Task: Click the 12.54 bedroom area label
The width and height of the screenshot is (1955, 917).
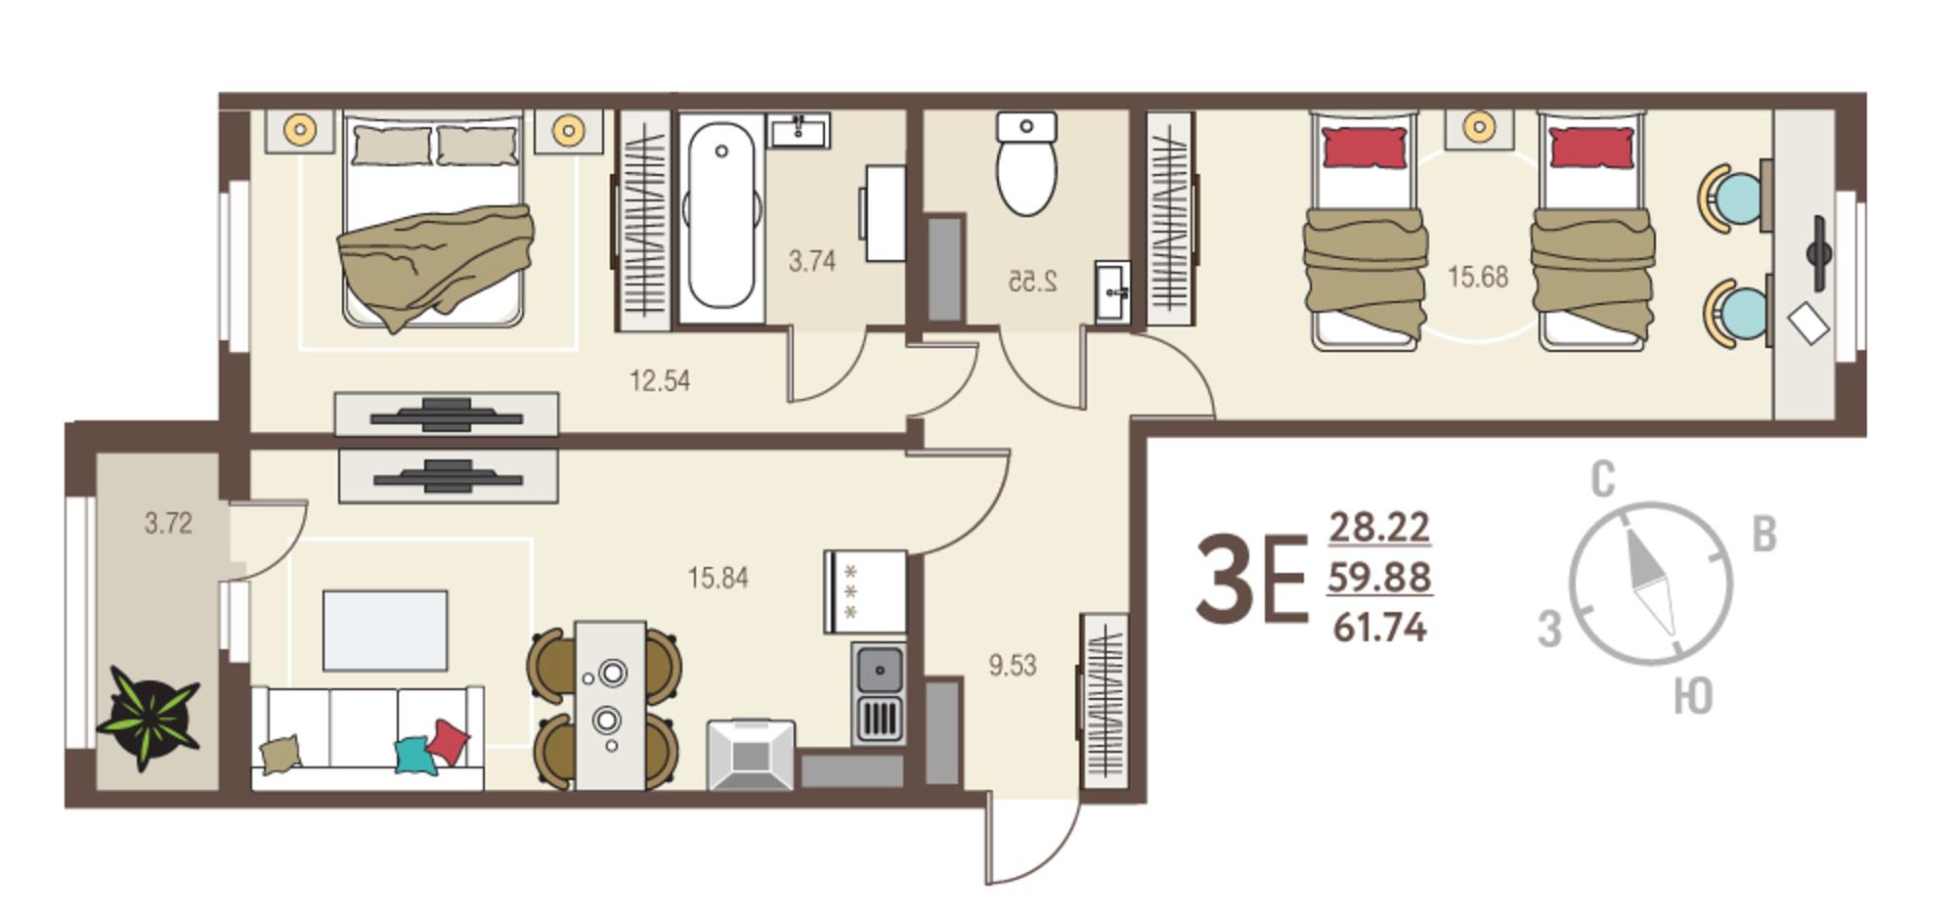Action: coord(660,380)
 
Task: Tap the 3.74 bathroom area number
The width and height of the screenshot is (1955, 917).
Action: coord(811,261)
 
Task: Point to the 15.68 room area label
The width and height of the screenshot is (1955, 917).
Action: coord(1477,277)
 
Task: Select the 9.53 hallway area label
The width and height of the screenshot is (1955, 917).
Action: coord(1012,666)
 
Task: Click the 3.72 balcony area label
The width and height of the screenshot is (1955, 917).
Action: coord(168,523)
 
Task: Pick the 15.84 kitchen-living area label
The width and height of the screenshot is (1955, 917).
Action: coord(717,578)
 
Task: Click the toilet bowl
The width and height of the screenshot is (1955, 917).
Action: coord(1026,163)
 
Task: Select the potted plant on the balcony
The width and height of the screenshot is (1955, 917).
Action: coord(149,719)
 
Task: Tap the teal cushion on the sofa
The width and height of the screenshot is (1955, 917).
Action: coord(414,756)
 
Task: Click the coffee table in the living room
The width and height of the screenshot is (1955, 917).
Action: coord(385,631)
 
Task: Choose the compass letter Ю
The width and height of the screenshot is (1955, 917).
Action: coord(1692,697)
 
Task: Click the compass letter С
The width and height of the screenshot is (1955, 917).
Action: coord(1603,480)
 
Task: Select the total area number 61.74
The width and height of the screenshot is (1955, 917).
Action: coord(1379,627)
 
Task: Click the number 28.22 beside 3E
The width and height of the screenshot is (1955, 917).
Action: coord(1379,527)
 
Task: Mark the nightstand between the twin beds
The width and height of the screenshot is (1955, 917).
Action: coord(1479,128)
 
